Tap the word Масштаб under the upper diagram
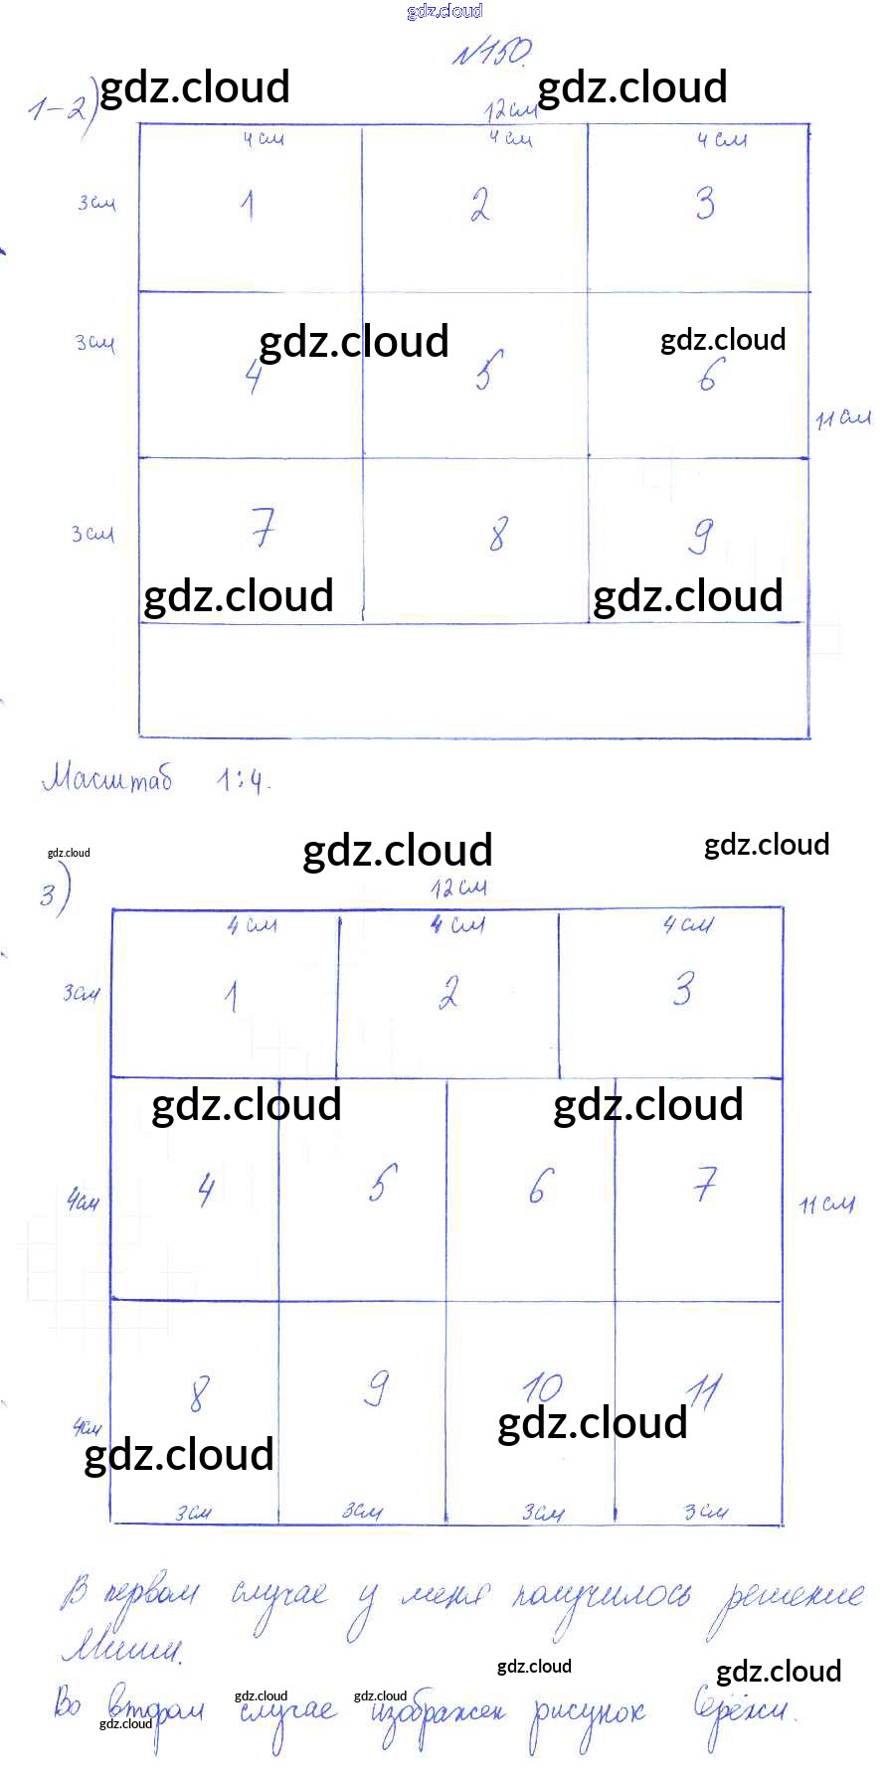point(107,777)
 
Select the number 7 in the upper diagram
point(263,527)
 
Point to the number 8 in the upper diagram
point(497,534)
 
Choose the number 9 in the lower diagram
point(377,1387)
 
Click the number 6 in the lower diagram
point(538,1185)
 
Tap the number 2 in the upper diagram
point(480,204)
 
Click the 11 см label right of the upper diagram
point(843,418)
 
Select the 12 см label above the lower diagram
point(458,887)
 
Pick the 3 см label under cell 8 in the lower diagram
point(194,1513)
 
